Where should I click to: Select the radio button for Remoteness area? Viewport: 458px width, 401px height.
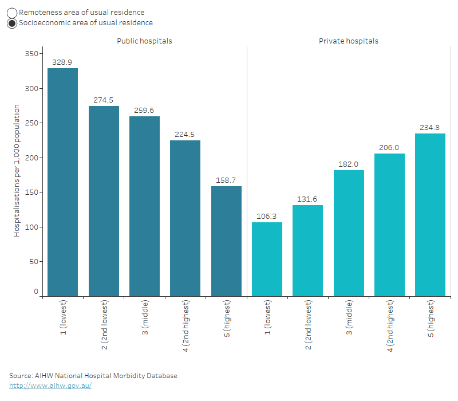point(12,13)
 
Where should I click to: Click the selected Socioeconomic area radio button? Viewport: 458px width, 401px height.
point(12,23)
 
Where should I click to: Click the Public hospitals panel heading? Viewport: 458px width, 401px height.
point(144,41)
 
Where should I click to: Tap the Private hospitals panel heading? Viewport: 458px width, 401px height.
point(348,41)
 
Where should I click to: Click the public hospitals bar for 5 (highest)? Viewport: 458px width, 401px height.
point(226,241)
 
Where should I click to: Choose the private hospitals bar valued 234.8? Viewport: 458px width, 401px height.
point(430,215)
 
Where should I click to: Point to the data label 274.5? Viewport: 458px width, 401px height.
point(104,100)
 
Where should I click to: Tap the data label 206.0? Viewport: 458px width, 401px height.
point(389,147)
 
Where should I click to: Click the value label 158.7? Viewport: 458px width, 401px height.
point(226,180)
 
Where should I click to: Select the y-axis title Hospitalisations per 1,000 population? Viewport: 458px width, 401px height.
point(17,170)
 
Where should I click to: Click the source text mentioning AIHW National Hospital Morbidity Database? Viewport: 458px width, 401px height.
point(93,376)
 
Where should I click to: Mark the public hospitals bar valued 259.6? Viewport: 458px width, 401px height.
point(144,206)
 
